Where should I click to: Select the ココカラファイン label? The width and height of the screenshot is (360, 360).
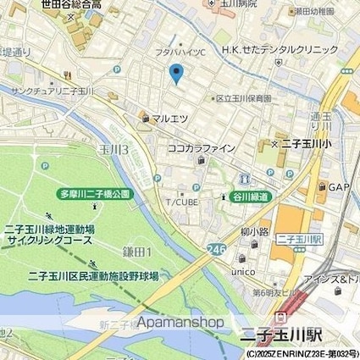tap(201, 147)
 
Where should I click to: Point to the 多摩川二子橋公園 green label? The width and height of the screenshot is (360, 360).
tap(95, 194)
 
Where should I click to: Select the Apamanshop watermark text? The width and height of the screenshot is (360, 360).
tap(174, 323)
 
